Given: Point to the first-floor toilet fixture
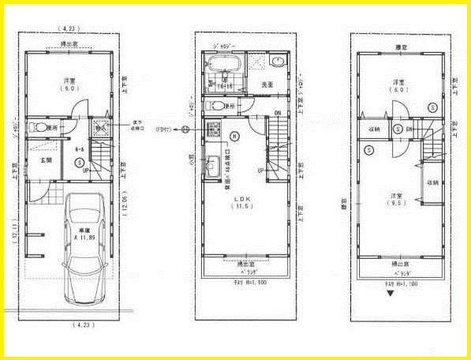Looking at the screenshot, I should click(x=36, y=126).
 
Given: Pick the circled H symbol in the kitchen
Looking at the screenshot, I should click(x=234, y=134).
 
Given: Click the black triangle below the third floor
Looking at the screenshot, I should click(x=389, y=294).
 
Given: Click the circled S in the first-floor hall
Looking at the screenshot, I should click(x=80, y=162).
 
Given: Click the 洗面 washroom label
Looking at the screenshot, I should click(x=267, y=84).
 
